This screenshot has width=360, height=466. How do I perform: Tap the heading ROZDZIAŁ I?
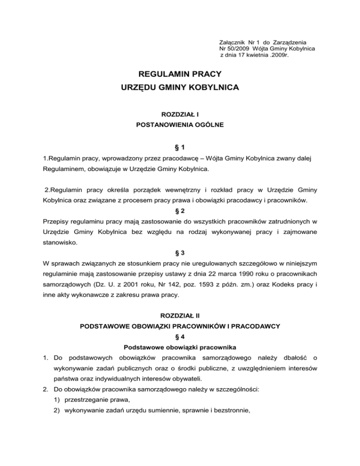point(180,114)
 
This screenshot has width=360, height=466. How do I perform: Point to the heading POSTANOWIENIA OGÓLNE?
point(180,125)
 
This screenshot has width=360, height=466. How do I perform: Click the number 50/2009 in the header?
point(239,49)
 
